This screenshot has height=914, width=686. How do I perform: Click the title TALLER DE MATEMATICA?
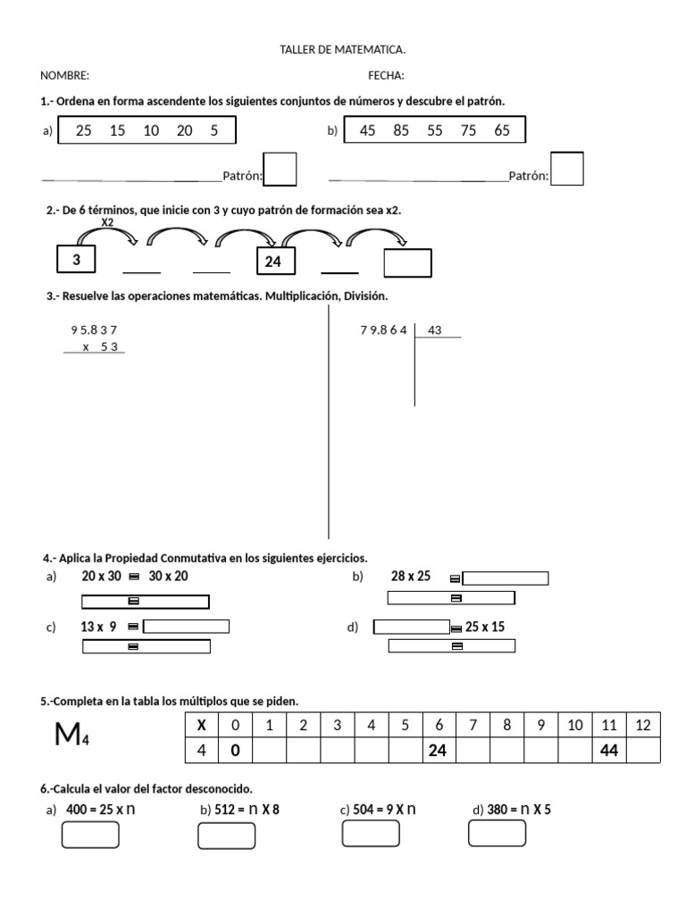point(342,50)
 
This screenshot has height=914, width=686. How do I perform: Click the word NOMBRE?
point(64,76)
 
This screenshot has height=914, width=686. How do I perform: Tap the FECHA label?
point(386,76)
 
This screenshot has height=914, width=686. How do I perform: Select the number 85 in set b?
point(401,130)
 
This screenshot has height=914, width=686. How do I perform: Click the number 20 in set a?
point(185,130)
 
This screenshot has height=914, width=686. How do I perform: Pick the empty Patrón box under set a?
point(280,169)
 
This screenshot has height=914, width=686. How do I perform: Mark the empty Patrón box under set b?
point(567,169)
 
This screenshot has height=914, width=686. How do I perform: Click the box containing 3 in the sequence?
point(77,260)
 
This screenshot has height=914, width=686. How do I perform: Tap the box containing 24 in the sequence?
point(273,262)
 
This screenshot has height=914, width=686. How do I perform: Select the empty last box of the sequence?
point(407,263)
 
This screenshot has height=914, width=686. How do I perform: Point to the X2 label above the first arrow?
point(107,222)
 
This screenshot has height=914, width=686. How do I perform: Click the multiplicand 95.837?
point(94,330)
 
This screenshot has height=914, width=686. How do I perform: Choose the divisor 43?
point(435,330)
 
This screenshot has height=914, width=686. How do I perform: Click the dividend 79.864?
point(383,330)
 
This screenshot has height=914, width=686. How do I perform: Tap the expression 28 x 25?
point(411,577)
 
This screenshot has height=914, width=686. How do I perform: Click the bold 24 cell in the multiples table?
point(438,751)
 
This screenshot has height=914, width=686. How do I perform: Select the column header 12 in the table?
point(643,725)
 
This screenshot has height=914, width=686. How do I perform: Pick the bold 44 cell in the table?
point(609,751)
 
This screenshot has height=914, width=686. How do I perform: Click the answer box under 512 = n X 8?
point(226,835)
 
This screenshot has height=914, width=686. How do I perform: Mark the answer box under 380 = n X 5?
point(497,834)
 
